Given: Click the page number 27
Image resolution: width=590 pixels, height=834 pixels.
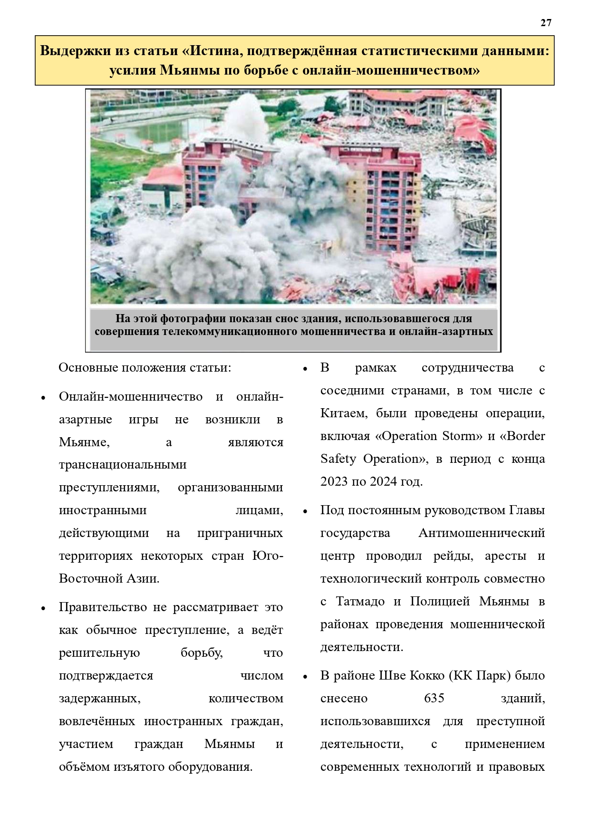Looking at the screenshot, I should click(x=546, y=23).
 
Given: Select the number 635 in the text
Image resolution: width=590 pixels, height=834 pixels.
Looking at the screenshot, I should click(x=434, y=698).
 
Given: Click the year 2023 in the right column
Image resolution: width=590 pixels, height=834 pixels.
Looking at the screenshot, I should click(x=334, y=481).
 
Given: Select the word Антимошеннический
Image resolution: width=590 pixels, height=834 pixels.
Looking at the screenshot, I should click(x=481, y=533).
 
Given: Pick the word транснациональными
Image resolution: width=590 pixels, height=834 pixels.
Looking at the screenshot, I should click(x=123, y=464).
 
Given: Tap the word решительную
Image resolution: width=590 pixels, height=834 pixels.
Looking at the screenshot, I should click(x=99, y=652).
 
